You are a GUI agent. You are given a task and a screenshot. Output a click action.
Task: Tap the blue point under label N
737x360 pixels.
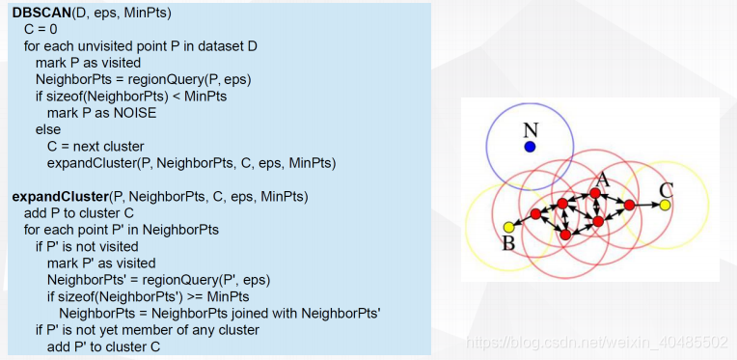click(530, 147)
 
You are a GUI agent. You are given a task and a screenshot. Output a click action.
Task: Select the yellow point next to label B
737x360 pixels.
click(508, 228)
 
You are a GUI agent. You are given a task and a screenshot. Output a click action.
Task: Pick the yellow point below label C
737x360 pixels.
click(664, 205)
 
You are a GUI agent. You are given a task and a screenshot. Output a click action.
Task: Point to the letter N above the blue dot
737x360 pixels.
click(532, 130)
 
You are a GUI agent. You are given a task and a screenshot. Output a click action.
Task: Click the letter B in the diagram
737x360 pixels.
click(508, 244)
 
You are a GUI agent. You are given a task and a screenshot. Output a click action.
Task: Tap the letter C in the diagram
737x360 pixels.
click(666, 190)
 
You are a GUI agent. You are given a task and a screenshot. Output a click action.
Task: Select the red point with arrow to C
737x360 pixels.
click(629, 205)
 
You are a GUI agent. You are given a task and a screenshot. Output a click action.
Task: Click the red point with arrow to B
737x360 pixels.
click(535, 214)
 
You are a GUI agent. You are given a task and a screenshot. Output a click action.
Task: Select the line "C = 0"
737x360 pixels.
click(41, 29)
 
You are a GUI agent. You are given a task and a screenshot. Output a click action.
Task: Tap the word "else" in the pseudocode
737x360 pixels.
click(48, 129)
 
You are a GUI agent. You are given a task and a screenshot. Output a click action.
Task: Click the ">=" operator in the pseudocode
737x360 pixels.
click(194, 297)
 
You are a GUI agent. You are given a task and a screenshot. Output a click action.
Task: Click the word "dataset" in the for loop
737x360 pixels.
click(219, 46)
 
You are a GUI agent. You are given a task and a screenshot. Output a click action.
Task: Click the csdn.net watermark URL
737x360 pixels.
click(596, 342)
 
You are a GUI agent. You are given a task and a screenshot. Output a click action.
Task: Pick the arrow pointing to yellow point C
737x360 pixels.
click(646, 205)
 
